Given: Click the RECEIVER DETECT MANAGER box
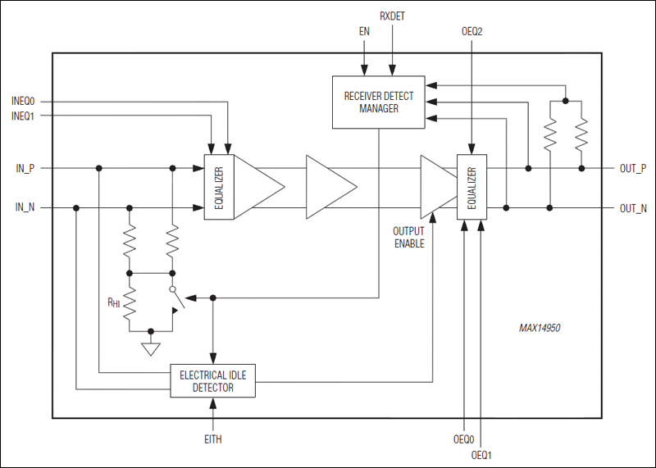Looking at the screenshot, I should [378, 102].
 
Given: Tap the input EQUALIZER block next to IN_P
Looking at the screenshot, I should [219, 187].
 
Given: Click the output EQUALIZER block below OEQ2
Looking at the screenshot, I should [471, 187].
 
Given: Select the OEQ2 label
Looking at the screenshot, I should [471, 32].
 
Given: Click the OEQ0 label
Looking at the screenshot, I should [465, 437].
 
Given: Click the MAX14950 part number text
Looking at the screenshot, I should [540, 328].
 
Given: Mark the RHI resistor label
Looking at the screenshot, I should [114, 301].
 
